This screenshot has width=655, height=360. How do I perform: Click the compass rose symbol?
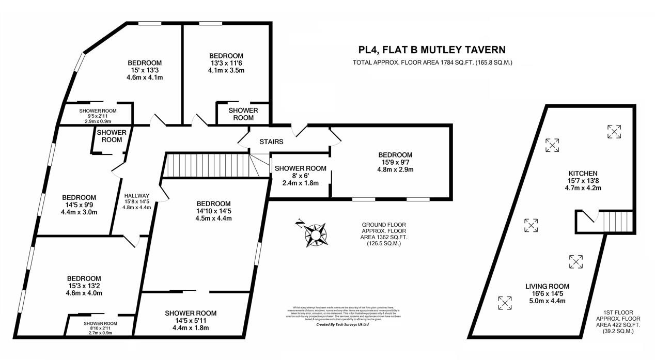[x=314, y=232]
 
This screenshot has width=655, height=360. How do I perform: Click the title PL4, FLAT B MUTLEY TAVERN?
[x=432, y=50]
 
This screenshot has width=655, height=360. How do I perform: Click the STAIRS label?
[x=271, y=142]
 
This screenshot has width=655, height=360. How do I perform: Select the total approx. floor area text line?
[x=432, y=63]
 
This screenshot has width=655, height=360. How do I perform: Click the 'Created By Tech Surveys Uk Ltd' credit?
[x=342, y=325]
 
